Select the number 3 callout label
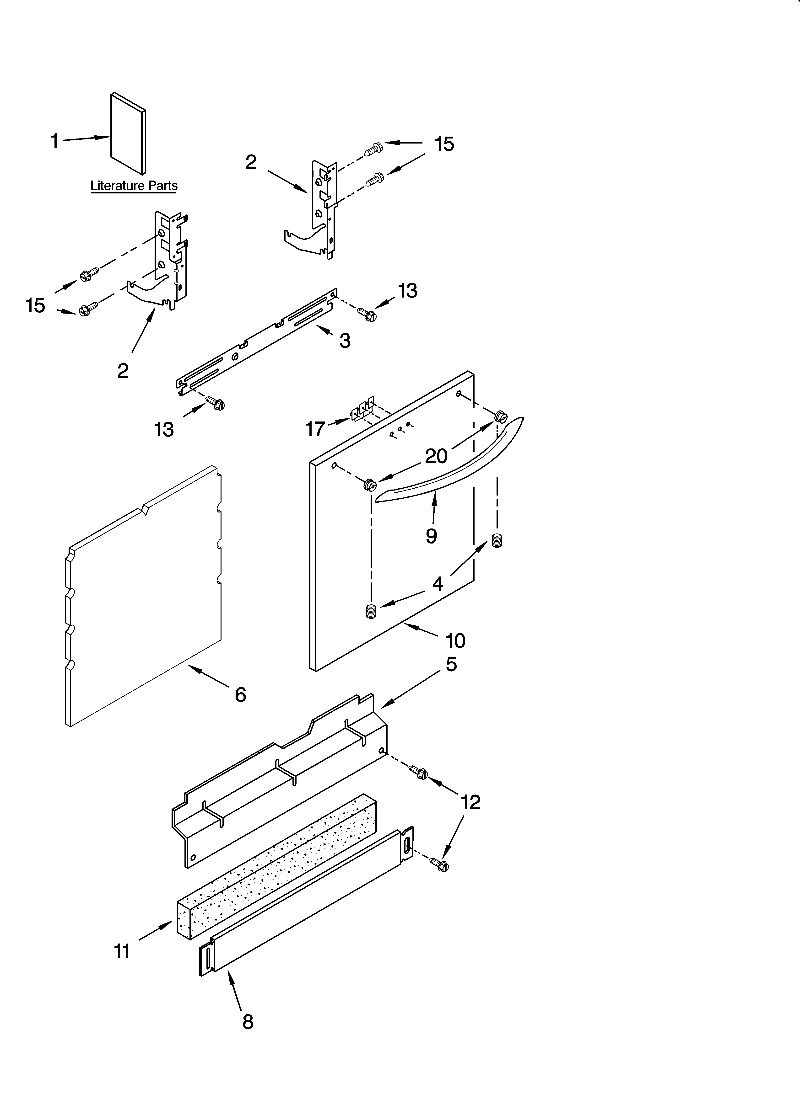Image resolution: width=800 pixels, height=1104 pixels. pos(345,341)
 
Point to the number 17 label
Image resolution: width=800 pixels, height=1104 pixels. pos(315,429)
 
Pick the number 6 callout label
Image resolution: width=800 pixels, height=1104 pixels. pos(240,695)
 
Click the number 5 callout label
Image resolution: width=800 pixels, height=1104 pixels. pos(451,664)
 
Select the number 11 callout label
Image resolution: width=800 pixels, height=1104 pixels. pos(122,951)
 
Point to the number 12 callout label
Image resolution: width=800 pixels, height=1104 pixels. pos(470,802)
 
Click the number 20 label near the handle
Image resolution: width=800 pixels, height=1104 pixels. pos(436,456)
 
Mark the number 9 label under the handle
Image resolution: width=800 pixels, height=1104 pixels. pos(431,536)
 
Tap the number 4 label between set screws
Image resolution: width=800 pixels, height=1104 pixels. pos(438,584)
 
